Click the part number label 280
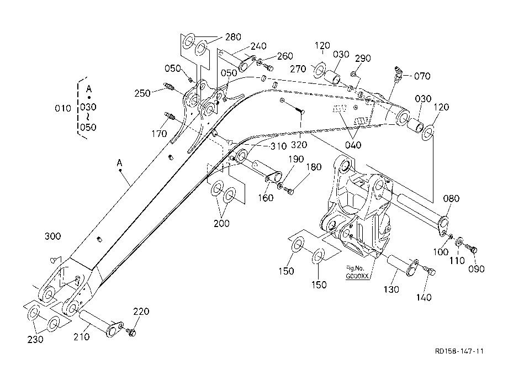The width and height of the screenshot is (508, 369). (233, 37)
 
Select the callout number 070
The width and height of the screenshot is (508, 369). (422, 76)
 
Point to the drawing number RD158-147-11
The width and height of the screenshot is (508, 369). (459, 351)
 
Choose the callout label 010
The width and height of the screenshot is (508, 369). (63, 108)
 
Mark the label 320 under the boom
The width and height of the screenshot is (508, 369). (299, 145)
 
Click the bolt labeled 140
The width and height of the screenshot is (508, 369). (431, 271)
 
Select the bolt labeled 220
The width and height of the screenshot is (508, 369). (131, 332)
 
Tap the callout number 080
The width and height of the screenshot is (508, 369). (451, 199)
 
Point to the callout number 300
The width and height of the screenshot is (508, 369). (53, 236)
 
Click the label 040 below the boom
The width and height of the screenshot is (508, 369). (353, 145)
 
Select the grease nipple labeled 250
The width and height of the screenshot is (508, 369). (170, 87)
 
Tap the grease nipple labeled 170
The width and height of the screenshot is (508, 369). (170, 115)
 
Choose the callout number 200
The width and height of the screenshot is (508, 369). (221, 224)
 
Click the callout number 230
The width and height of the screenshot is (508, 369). (35, 340)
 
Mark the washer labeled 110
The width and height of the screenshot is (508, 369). (459, 242)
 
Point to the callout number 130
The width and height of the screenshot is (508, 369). (391, 289)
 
